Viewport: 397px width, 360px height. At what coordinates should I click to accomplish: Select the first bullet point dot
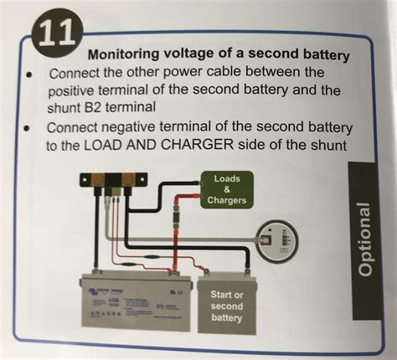click(x=29, y=73)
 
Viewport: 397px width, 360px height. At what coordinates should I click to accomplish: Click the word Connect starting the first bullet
click(x=77, y=73)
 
